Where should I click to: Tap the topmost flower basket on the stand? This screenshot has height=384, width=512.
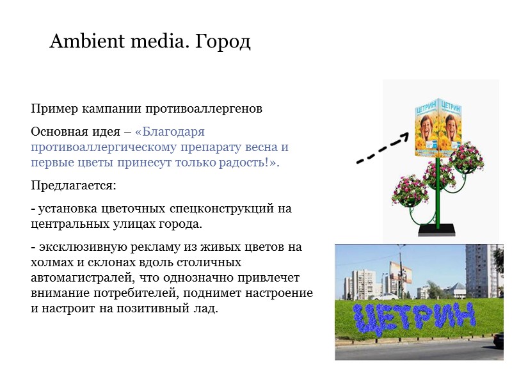pyautogui.click(x=466, y=157)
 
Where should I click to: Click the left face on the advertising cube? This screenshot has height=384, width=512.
pyautogui.click(x=426, y=128)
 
